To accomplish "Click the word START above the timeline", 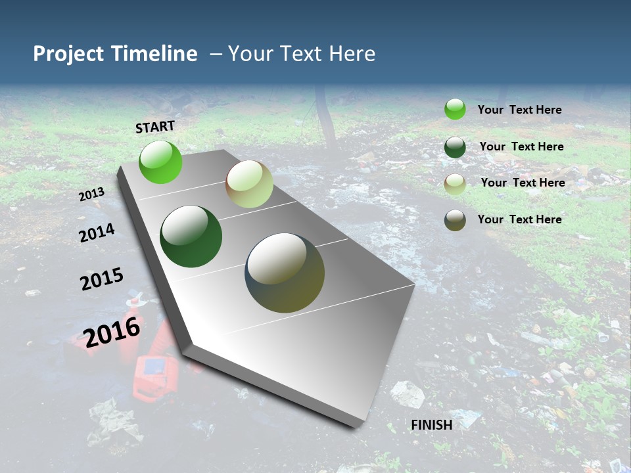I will coord(155,127).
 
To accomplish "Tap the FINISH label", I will coord(431,424).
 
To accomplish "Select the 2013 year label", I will coord(92,194).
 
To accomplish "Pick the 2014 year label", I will coord(97,233).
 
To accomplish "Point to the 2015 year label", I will coord(102,279).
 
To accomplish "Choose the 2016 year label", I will coord(112,331).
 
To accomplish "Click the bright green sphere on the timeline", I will coord(160,162).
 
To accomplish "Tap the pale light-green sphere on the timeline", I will coord(249,184).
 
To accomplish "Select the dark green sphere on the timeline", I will coord(191,236).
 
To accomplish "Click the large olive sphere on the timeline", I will coord(285,273).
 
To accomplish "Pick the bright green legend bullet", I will coord(455,109).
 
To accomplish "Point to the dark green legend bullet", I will coord(455,147).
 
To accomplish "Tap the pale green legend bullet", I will coord(455,184).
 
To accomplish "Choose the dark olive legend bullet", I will coord(455,220).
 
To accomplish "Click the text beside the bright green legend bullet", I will coord(519,110).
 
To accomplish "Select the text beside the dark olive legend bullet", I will coord(519,219).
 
